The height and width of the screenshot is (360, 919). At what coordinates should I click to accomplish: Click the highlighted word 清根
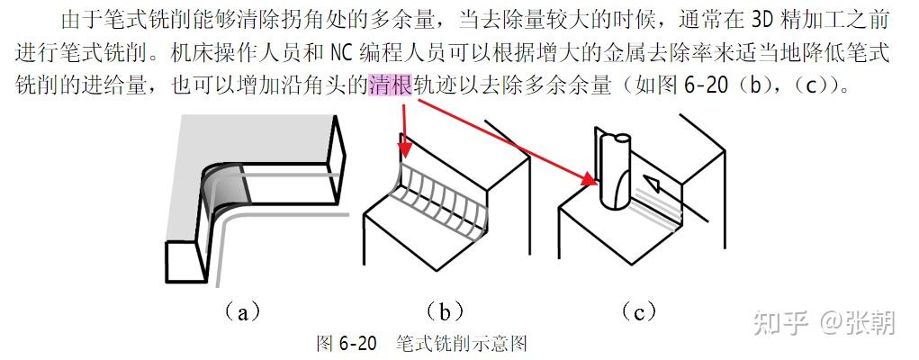390,85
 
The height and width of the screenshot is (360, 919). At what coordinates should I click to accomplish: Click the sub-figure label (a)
240,311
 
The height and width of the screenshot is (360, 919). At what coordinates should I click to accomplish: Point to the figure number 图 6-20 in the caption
350,343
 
